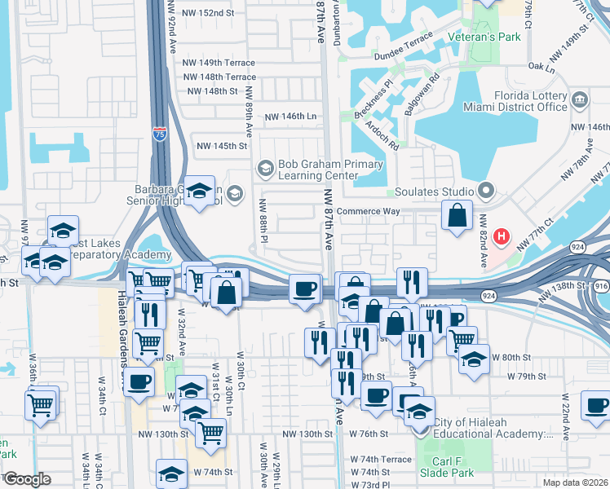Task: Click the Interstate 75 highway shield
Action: pyautogui.click(x=159, y=134)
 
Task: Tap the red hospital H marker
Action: pyautogui.click(x=502, y=237)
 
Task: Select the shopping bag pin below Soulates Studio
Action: pyautogui.click(x=457, y=216)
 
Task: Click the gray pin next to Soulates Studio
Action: pyautogui.click(x=487, y=192)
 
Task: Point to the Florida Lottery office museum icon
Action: pyautogui.click(x=580, y=100)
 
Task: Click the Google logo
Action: pyautogui.click(x=27, y=479)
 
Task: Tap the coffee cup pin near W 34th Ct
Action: pyautogui.click(x=139, y=380)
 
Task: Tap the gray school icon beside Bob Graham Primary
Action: pyautogui.click(x=265, y=169)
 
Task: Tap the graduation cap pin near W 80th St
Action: pyautogui.click(x=474, y=359)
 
